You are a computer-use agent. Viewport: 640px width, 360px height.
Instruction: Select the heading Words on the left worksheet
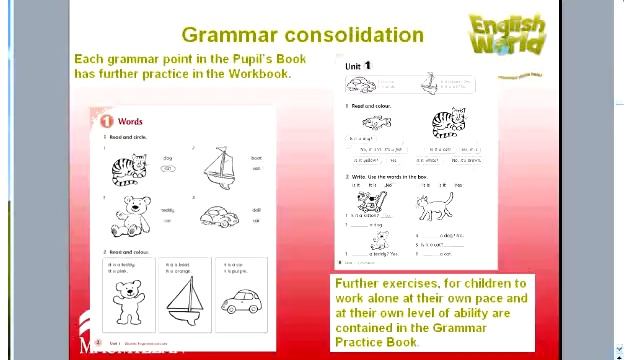tap(131, 122)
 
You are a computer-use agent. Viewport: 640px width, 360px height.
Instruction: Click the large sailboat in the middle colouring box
tap(185, 297)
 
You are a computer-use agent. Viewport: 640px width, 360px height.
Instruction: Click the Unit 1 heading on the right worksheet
tap(358, 66)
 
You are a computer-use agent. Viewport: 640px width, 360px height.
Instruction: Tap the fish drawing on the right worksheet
tap(377, 122)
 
